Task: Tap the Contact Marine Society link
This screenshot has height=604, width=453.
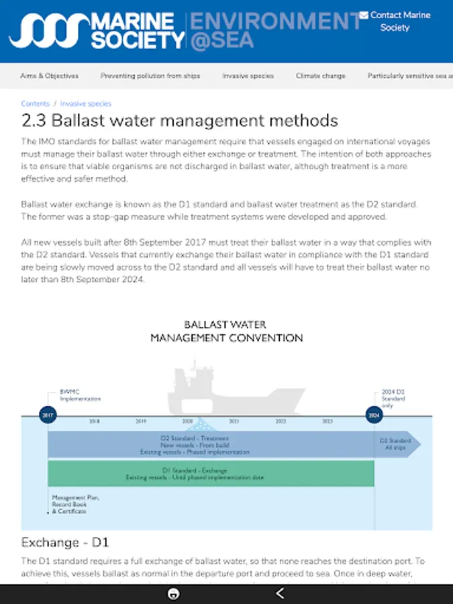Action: tap(395, 21)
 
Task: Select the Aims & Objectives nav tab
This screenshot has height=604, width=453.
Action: tap(49, 76)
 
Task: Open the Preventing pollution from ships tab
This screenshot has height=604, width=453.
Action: tap(150, 76)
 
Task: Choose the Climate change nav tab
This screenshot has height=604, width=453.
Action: tap(321, 76)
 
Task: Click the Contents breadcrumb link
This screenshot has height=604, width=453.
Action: tap(36, 104)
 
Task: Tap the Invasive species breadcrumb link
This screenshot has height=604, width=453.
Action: tap(86, 104)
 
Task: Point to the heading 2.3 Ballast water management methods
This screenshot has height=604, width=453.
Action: tap(179, 121)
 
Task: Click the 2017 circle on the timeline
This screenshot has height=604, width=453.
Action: tap(48, 415)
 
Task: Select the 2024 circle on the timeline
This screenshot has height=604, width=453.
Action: tap(374, 415)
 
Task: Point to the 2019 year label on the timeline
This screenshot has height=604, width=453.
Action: tap(141, 421)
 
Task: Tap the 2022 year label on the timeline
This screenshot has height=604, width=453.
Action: tap(281, 421)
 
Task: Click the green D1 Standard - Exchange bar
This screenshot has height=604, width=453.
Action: tap(211, 474)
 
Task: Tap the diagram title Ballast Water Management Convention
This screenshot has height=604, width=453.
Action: tap(226, 332)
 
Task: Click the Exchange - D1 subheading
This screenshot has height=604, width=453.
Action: tap(65, 542)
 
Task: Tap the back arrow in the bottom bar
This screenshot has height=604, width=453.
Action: tap(281, 593)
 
